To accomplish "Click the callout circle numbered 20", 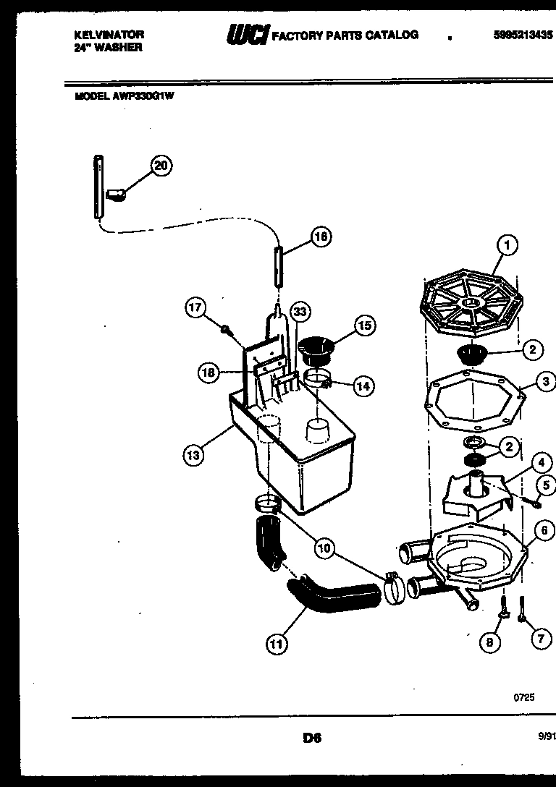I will point(161,166).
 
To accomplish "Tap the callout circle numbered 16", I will point(321,236).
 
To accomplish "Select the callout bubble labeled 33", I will point(300,312).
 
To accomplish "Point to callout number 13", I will point(192,455).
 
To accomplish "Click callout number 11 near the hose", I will point(276,643).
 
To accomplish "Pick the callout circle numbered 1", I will point(507,246).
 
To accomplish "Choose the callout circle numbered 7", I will point(540,638).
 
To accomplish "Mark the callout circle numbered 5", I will point(547,484).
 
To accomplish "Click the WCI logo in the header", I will point(247,35).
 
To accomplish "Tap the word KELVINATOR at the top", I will point(109,35).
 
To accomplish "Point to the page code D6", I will point(312,739).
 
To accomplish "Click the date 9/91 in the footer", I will point(546,737).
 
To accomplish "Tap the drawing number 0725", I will point(524,698).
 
